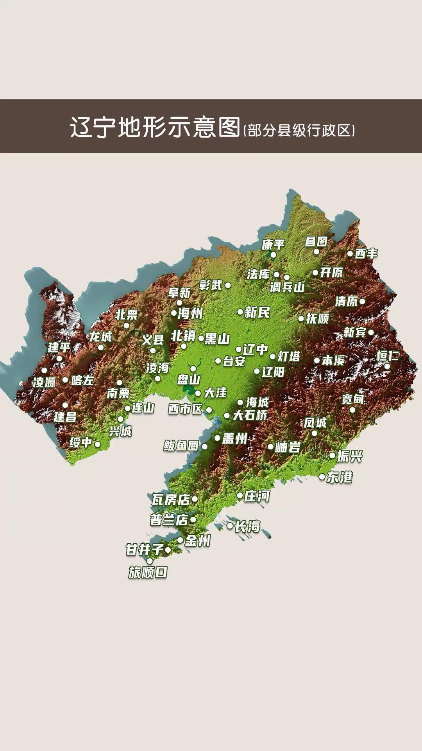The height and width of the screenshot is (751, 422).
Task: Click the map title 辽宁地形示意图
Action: pyautogui.click(x=155, y=127)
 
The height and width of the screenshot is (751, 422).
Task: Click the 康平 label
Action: pyautogui.click(x=273, y=245)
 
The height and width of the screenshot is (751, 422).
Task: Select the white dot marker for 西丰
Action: pyautogui.click(x=350, y=253)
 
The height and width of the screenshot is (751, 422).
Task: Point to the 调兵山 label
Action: pyautogui.click(x=287, y=287)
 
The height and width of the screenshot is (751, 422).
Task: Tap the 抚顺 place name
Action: pyautogui.click(x=317, y=318)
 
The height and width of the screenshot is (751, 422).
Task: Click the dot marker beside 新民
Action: pyautogui.click(x=240, y=312)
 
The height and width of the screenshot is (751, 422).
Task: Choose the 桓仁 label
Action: pyautogui.click(x=387, y=356)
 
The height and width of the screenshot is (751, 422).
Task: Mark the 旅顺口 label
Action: pyautogui.click(x=148, y=573)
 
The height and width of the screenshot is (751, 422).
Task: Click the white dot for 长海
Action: pyautogui.click(x=230, y=526)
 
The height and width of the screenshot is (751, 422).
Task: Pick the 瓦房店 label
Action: pyautogui.click(x=171, y=499)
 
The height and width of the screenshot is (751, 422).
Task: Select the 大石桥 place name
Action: pyautogui.click(x=250, y=415)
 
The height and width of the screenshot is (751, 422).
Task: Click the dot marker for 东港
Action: pyautogui.click(x=322, y=477)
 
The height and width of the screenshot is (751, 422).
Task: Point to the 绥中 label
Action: pyautogui.click(x=81, y=443)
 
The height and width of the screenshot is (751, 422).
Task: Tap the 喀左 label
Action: pyautogui.click(x=82, y=380)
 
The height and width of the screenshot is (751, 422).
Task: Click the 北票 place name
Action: pyautogui.click(x=127, y=314)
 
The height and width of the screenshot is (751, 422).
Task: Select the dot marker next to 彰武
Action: pyautogui.click(x=228, y=285)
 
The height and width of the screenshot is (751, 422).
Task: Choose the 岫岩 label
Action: pyautogui.click(x=288, y=447)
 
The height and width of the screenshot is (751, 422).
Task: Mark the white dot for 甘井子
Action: pyautogui.click(x=168, y=550)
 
